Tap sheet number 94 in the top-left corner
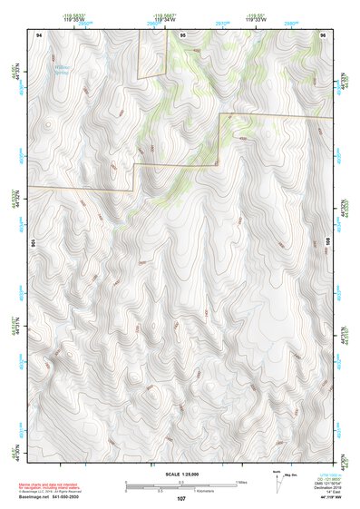tap(39, 34)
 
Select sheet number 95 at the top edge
tap(182, 34)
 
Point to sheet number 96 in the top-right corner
tap(323, 34)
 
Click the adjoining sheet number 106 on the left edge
tap(32, 243)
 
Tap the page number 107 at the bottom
tap(181, 498)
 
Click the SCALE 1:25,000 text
tap(180, 474)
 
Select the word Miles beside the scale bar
tap(241, 482)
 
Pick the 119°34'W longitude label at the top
tap(165, 19)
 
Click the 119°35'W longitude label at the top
tap(74, 19)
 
